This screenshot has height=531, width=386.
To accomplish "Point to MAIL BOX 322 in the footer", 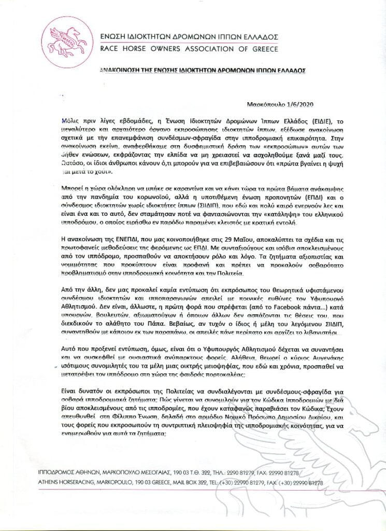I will pyautogui.click(x=193, y=482).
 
